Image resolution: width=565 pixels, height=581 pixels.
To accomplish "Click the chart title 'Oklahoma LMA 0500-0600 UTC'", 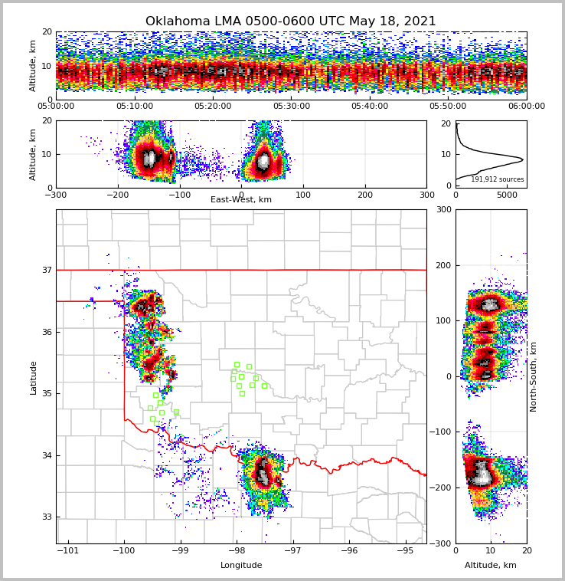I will (x=290, y=21).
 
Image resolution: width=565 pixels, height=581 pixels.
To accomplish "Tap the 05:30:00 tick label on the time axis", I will (x=292, y=107).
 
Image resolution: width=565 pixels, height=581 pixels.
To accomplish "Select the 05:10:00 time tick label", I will (x=135, y=107).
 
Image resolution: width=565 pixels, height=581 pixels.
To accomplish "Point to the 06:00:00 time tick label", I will (x=526, y=107).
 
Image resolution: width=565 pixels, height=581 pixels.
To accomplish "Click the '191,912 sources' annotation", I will (x=497, y=179).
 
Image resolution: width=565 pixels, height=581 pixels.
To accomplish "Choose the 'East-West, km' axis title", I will (x=241, y=200).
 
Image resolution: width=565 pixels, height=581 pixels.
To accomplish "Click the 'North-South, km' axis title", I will (x=534, y=376).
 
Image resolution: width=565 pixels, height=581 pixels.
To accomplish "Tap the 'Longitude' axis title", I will (x=241, y=566).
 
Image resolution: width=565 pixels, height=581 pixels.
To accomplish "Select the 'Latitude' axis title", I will (x=33, y=377).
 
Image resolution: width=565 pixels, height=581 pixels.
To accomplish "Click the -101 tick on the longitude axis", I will (x=68, y=550).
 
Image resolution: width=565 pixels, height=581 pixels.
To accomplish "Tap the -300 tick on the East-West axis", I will (x=56, y=195).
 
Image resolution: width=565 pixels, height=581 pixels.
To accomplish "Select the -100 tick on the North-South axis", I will (x=443, y=432).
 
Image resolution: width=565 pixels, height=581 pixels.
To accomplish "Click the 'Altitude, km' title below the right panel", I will (x=491, y=566).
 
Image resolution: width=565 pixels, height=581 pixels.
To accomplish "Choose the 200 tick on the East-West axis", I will (x=365, y=195).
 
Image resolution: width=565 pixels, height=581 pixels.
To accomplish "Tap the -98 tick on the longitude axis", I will (x=237, y=550).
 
